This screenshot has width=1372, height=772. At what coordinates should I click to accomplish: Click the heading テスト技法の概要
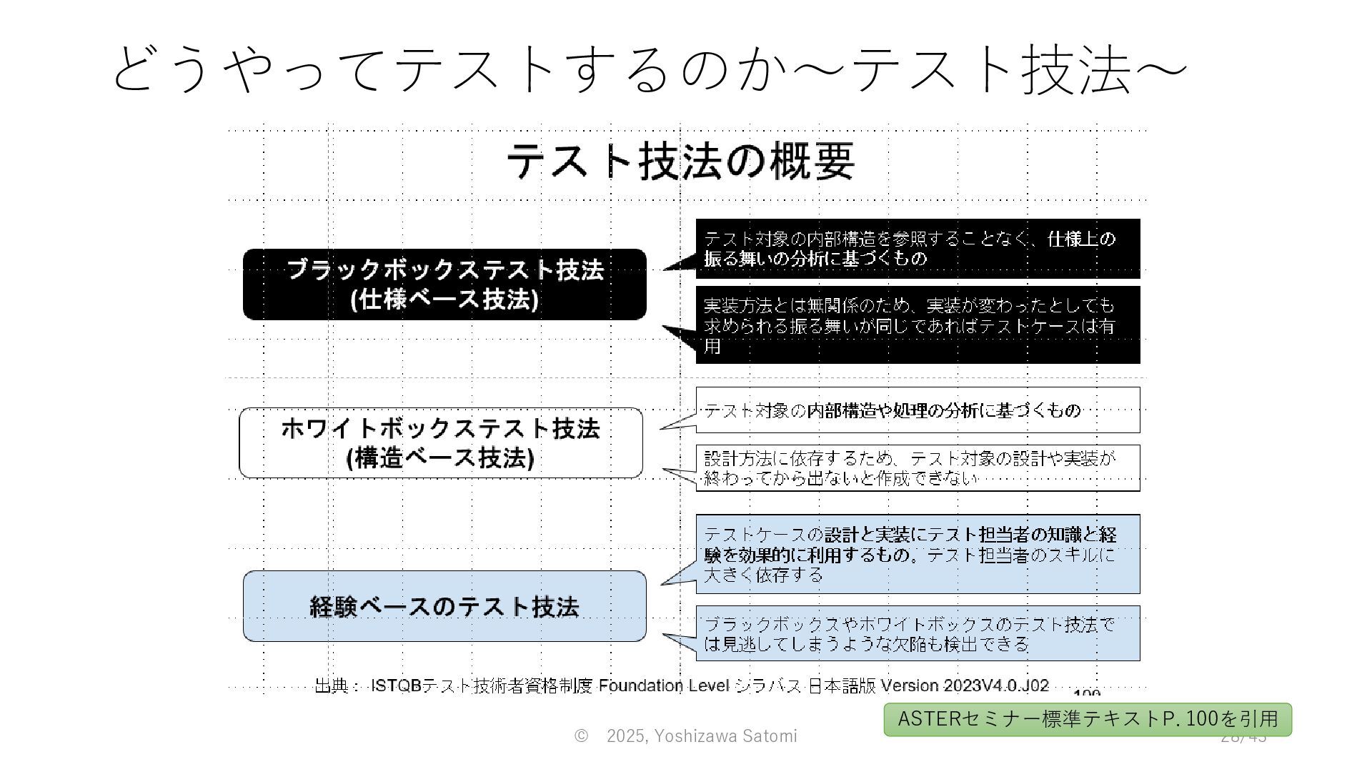point(680,161)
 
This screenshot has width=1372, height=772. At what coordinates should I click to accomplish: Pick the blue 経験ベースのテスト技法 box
point(444,606)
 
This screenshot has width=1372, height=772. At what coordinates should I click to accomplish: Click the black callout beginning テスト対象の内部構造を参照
point(918,249)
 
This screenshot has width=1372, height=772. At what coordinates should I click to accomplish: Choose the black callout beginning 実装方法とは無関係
point(918,325)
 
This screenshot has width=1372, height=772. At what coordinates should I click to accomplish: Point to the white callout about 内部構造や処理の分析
point(918,410)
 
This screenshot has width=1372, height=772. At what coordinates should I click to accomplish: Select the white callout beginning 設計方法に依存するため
point(918,468)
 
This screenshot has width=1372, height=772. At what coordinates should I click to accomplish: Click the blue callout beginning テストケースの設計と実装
point(918,554)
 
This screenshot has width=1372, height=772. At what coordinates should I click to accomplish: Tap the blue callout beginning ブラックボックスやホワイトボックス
point(918,634)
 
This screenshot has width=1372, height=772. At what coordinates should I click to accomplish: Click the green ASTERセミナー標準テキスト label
point(1087,719)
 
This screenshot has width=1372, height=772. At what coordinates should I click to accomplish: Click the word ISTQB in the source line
point(396,686)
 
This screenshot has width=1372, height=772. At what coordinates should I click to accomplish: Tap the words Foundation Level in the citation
point(664,686)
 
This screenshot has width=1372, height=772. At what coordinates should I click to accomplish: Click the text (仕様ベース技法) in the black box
point(444,300)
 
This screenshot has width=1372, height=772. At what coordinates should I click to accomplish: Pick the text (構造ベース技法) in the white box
point(440,458)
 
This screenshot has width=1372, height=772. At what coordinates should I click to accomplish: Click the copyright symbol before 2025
point(581,736)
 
